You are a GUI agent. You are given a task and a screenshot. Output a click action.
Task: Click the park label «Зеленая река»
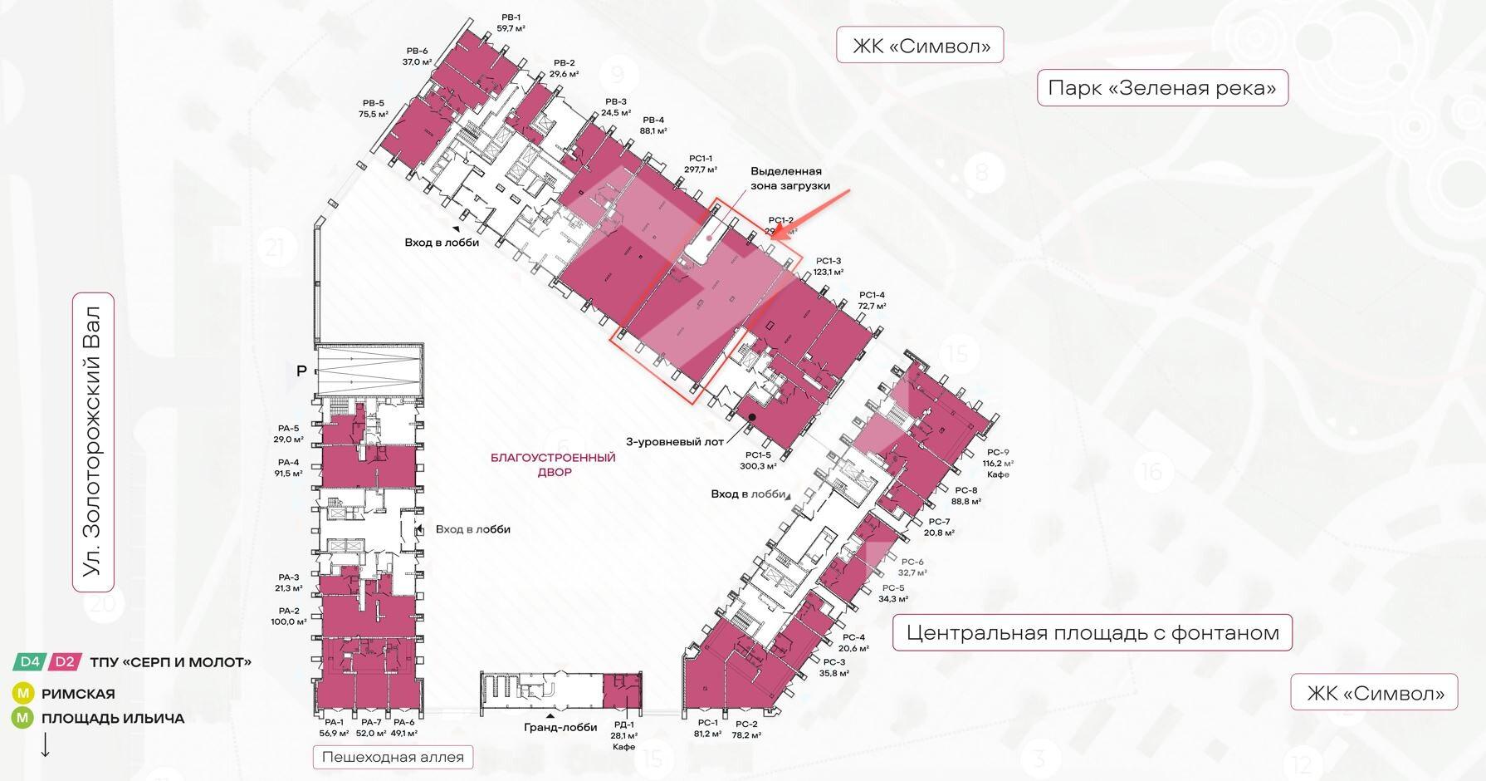[x=1161, y=87]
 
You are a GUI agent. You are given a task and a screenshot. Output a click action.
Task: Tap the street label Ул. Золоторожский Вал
[x=93, y=441]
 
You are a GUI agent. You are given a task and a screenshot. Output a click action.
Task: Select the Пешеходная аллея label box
[x=393, y=757]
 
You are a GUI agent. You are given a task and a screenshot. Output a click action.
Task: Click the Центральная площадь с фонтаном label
[x=1092, y=633]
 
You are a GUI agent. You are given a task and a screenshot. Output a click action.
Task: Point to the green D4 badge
[x=30, y=662]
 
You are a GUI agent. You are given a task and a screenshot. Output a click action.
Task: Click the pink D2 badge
[x=65, y=662]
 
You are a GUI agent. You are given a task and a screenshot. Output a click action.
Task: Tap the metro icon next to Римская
[x=22, y=693]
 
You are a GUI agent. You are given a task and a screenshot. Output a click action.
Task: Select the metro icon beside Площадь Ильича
[x=22, y=718]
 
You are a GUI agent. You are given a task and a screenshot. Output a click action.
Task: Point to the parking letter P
[x=301, y=371]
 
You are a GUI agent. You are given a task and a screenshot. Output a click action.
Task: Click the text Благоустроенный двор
[x=554, y=464]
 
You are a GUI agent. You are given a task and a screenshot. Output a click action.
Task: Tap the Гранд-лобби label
[x=560, y=727]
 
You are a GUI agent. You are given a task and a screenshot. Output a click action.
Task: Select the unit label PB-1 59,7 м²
[x=511, y=22]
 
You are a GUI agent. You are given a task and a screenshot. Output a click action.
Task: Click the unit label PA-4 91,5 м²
[x=288, y=468]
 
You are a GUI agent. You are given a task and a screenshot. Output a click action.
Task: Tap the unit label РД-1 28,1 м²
[x=623, y=730]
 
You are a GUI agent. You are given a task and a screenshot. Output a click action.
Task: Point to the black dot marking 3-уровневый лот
[x=752, y=417]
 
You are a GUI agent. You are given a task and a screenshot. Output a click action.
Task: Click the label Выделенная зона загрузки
[x=790, y=178]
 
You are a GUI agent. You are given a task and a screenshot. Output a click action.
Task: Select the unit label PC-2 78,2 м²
[x=746, y=729]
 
